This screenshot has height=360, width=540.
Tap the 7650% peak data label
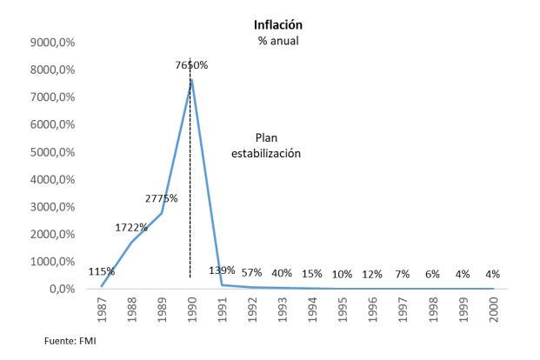click(190, 65)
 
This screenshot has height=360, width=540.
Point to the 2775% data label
click(161, 198)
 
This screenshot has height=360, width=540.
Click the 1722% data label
click(131, 228)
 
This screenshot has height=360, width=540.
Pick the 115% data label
click(101, 271)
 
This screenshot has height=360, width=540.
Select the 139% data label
click(222, 270)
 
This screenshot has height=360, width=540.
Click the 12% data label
click(372, 274)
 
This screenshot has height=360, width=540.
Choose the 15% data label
click(311, 274)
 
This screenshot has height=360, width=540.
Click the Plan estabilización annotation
click(265, 145)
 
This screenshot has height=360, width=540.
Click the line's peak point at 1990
click(191, 79)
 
